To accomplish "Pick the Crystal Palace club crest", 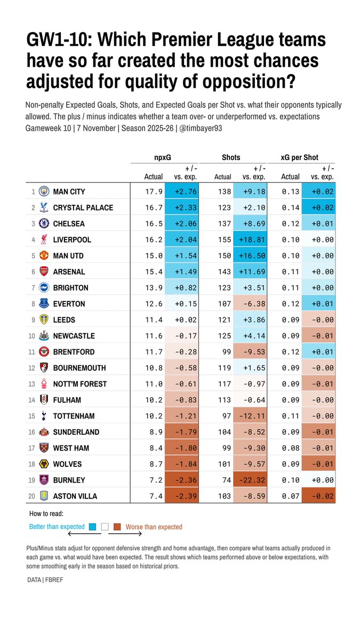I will [x=44, y=207].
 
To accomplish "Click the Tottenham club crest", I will [x=44, y=416].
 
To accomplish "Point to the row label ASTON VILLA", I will [x=75, y=496].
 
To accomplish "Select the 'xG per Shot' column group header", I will [x=300, y=157].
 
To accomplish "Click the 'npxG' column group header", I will [x=162, y=157].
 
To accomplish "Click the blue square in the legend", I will [x=92, y=527].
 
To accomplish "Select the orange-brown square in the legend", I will [x=117, y=527].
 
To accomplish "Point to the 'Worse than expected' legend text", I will [x=154, y=527].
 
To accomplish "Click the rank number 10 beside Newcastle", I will [x=31, y=336].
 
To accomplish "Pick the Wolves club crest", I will [x=44, y=464].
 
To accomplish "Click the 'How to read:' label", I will [x=46, y=514].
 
